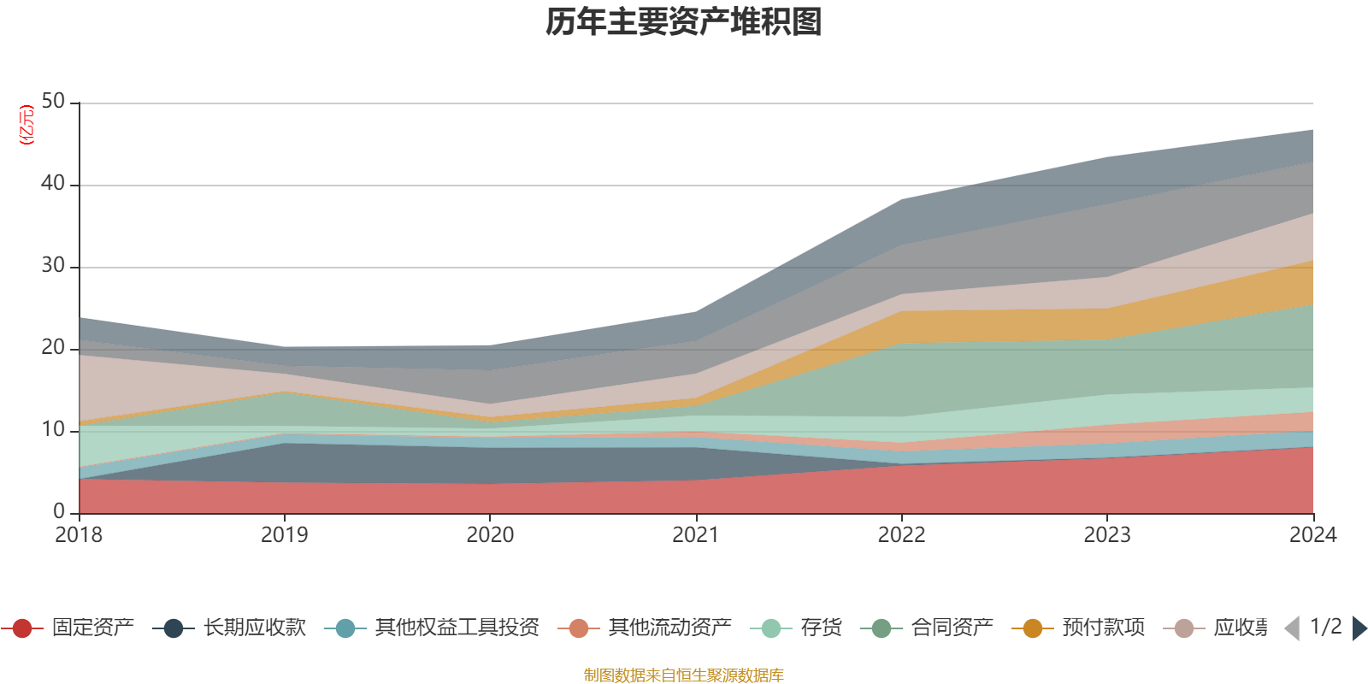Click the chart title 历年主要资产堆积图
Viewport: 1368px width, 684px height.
[684, 22]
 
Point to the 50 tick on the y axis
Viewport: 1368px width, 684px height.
[53, 101]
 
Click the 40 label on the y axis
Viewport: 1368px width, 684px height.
[53, 183]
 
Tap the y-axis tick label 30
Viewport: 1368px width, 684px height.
[53, 265]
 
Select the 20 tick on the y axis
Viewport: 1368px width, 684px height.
[53, 347]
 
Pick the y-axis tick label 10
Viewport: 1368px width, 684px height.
[53, 429]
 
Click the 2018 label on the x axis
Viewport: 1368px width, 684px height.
[79, 535]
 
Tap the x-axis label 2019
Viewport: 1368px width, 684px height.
[284, 535]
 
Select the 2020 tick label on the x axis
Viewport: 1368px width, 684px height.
[490, 535]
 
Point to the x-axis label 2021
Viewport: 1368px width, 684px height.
[695, 535]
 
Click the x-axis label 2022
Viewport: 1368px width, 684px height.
[901, 535]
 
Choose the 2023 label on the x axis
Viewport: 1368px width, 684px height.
[1107, 535]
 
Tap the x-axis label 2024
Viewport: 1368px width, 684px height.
[1312, 535]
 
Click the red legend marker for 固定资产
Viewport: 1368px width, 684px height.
[22, 628]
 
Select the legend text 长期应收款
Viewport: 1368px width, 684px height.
[254, 628]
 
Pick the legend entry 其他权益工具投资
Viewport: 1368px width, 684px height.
[457, 628]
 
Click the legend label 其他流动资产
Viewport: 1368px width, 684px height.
[669, 628]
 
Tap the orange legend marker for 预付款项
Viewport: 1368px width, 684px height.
[1033, 628]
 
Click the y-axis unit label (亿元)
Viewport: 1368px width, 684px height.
[27, 125]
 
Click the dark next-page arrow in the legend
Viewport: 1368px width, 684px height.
[1359, 628]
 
